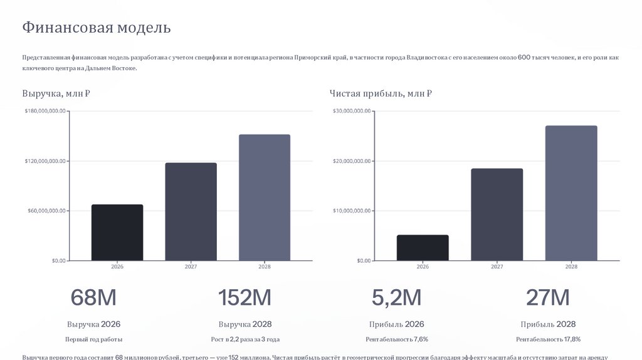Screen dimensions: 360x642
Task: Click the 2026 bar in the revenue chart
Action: click(117, 232)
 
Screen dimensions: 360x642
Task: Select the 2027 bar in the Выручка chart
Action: click(191, 211)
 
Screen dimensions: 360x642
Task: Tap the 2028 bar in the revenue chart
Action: click(265, 197)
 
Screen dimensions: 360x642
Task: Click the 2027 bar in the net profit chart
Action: click(497, 214)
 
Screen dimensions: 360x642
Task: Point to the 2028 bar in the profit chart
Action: click(571, 193)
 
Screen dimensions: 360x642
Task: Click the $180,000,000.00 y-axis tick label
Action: click(45, 111)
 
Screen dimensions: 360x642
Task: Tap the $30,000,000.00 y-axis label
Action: click(352, 111)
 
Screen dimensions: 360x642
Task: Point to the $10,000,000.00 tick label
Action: click(352, 211)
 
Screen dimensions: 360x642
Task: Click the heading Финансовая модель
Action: click(97, 28)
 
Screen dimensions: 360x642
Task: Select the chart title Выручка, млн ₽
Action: click(56, 94)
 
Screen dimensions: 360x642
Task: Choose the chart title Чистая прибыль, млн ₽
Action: click(381, 94)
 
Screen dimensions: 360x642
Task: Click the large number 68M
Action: click(93, 298)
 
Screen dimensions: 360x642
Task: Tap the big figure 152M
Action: click(245, 298)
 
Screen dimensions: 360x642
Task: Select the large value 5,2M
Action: click(396, 298)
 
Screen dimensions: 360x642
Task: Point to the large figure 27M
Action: click(548, 298)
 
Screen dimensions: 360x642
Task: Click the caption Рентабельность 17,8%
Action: click(548, 339)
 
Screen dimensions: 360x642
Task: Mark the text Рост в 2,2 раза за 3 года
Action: click(245, 339)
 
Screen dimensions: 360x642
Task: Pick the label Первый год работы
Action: click(94, 339)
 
